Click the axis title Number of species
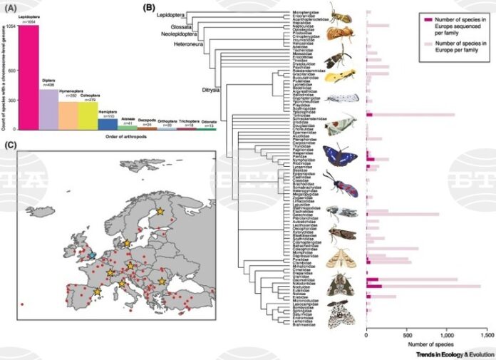click(x=426, y=344)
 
